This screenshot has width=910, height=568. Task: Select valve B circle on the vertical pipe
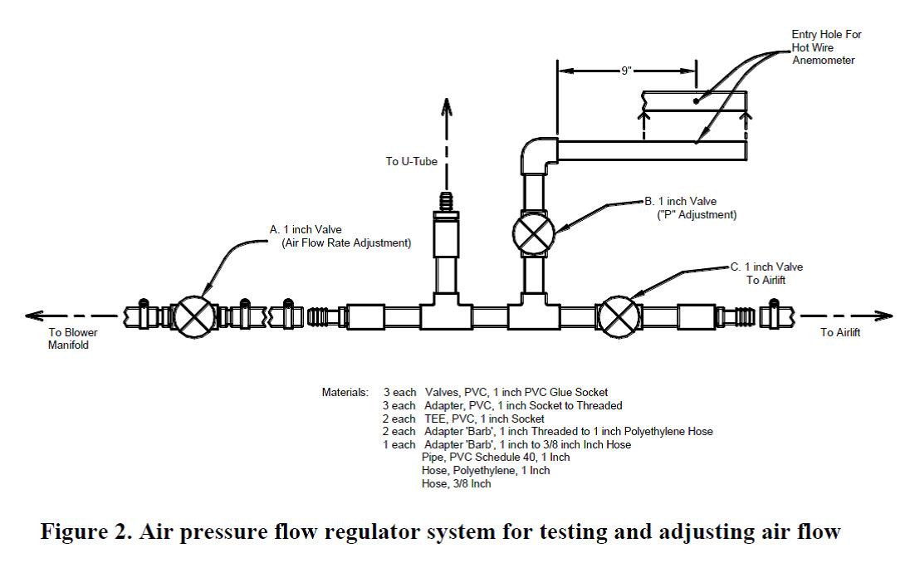(x=533, y=233)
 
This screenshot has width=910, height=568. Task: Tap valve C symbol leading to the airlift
(x=619, y=316)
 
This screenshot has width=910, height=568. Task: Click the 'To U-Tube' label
(x=411, y=161)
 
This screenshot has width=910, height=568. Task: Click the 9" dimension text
(x=626, y=71)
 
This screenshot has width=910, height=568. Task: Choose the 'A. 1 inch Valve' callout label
(x=305, y=229)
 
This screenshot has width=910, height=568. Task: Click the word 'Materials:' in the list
(x=345, y=392)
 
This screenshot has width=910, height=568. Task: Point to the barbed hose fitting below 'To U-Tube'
(x=447, y=203)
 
